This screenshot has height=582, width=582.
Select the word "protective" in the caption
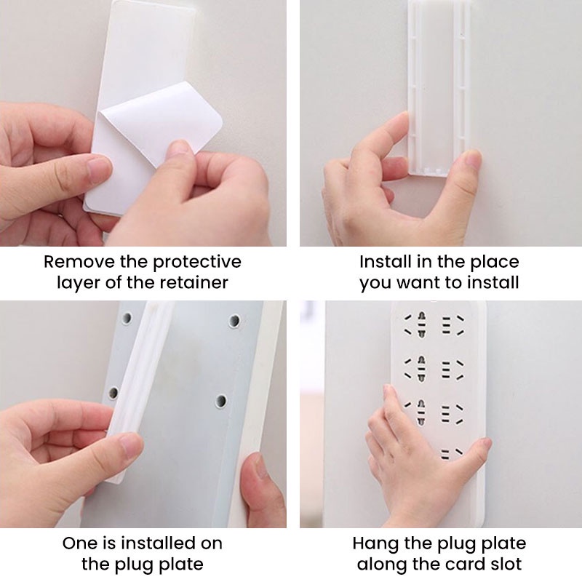pos(197,263)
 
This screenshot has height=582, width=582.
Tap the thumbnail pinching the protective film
pos(180,147)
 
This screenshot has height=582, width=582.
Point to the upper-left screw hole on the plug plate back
pos(127,318)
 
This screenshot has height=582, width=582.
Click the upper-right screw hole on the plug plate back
pos(234,321)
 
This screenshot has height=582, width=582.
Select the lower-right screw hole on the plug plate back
pos(221,401)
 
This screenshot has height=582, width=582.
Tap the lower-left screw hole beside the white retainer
pos(113,393)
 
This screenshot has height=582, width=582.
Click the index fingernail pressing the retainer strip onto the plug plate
pos(129,445)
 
